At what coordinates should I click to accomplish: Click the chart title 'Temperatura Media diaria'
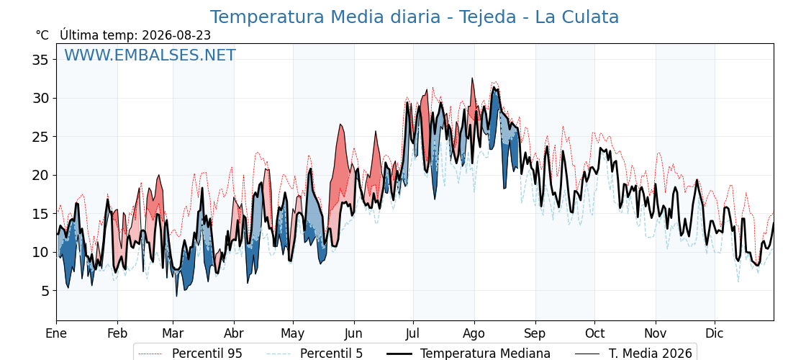tap(325, 17)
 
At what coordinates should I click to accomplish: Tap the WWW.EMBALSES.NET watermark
tap(150, 55)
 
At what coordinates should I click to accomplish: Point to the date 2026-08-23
tap(176, 35)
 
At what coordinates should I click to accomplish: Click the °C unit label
tap(42, 35)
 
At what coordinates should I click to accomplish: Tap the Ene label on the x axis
tap(57, 333)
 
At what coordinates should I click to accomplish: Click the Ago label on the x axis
tap(474, 333)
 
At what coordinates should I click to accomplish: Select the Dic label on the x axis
tap(714, 333)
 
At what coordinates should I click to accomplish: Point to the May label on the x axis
tap(293, 333)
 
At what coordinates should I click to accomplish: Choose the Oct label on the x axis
tap(594, 333)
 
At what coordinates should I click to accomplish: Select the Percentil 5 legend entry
tap(314, 354)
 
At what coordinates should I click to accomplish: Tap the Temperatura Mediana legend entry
tap(468, 354)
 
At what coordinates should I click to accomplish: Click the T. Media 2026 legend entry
tap(633, 354)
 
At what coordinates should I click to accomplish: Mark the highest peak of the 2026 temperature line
tap(472, 78)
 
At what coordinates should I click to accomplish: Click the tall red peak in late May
tap(340, 125)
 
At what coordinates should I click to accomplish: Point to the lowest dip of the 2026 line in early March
tap(177, 296)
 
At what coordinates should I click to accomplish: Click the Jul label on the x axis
tap(413, 333)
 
